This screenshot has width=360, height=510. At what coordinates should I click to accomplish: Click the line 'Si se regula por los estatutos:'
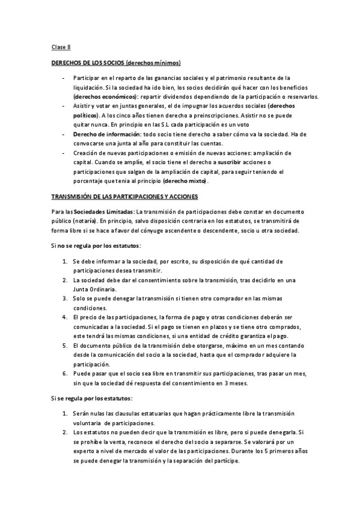(91, 398)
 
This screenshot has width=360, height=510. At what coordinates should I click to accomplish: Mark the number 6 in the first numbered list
(64, 373)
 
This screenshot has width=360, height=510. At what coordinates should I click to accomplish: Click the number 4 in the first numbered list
(64, 316)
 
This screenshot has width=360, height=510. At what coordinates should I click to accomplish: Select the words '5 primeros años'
(271, 451)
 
